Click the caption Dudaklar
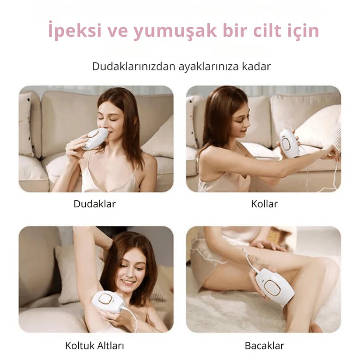pos(94,204)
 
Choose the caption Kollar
pos(264,204)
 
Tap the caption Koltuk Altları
pos(94,346)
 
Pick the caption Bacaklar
pos(264,346)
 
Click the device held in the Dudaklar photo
pos(96,139)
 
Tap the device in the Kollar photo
pos(289,144)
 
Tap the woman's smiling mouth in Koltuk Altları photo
pos(128,282)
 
